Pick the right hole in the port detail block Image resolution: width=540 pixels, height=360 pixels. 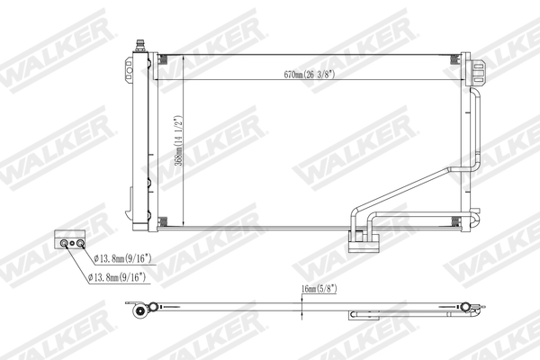(79, 242)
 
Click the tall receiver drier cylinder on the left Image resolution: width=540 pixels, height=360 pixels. (138, 135)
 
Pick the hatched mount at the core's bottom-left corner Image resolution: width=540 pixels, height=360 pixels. (162, 222)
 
